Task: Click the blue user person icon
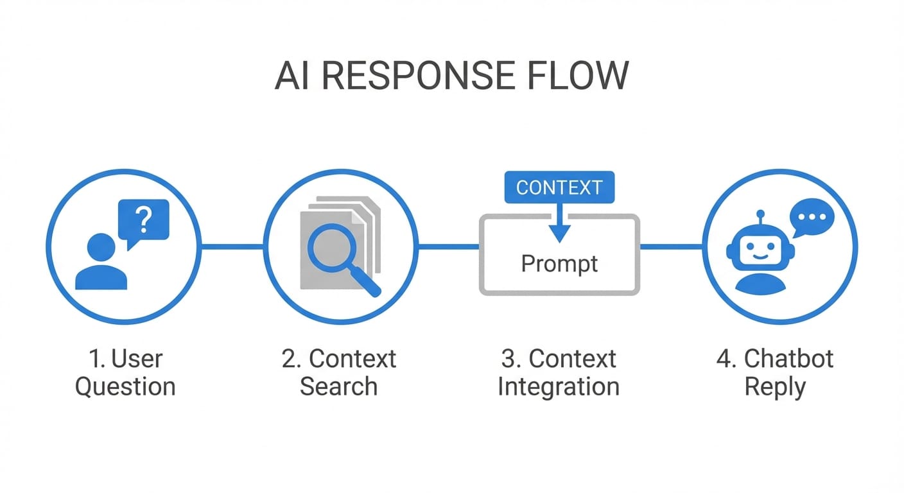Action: pyautogui.click(x=101, y=263)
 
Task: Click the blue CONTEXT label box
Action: pyautogui.click(x=559, y=187)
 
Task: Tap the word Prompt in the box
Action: pyautogui.click(x=559, y=264)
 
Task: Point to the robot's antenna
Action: pyautogui.click(x=761, y=219)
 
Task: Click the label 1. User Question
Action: pyautogui.click(x=125, y=373)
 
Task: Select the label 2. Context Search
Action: pyautogui.click(x=339, y=373)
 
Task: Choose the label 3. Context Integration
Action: pyautogui.click(x=559, y=373)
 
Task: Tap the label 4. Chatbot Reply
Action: pyautogui.click(x=775, y=373)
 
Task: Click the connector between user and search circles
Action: pyautogui.click(x=232, y=246)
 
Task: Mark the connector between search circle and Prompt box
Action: pyautogui.click(x=449, y=246)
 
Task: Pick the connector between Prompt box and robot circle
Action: pyautogui.click(x=671, y=246)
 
